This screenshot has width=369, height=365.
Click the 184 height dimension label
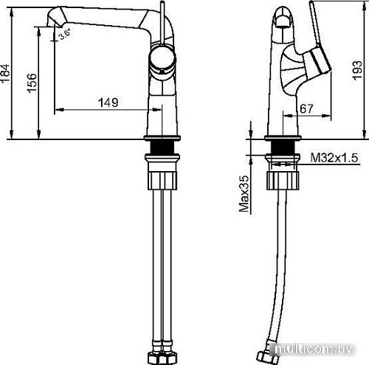coord(7,74)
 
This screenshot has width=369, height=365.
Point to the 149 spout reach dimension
coord(108,102)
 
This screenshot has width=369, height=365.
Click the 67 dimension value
coord(308,108)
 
